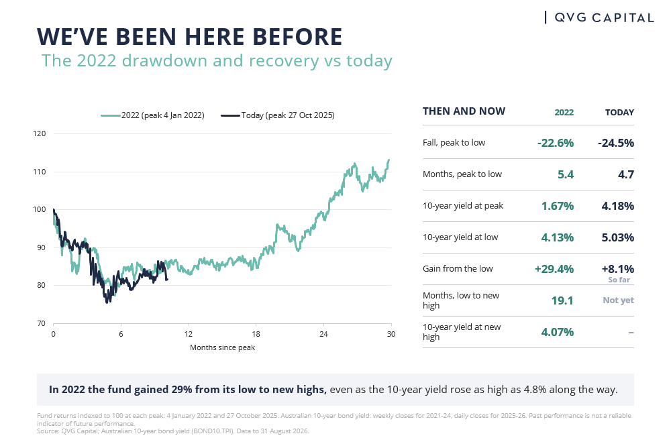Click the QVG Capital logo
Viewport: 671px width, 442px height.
pos(599,17)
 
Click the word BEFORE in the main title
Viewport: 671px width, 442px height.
pos(297,36)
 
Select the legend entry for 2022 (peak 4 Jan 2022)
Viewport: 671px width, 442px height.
pos(153,115)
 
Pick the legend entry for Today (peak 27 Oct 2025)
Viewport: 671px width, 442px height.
pos(278,115)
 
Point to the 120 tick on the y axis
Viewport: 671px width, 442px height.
pos(40,133)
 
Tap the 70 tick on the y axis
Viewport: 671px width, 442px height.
pos(41,323)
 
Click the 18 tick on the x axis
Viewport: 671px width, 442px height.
pos(256,334)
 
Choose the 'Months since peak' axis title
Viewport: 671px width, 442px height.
pos(223,347)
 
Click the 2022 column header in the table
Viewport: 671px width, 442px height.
pos(564,113)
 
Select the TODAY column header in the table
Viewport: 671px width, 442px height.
pos(619,113)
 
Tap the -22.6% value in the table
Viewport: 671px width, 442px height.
pos(556,143)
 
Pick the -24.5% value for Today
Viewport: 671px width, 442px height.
pos(616,143)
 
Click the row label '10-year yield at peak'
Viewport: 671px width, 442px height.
pos(463,206)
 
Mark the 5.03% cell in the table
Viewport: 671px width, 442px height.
pos(618,237)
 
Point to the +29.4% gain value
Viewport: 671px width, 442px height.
pos(554,269)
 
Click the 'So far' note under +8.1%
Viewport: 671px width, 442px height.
pos(619,280)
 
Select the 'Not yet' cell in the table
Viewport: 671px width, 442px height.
pos(619,300)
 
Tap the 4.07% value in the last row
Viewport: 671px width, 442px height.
pos(557,332)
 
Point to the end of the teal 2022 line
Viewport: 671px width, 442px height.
pos(389,160)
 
